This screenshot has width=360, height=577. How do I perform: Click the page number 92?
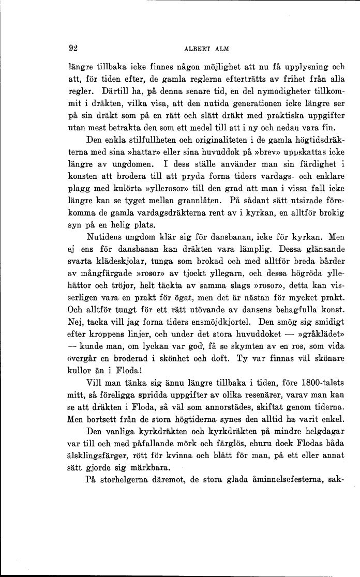pos(72,49)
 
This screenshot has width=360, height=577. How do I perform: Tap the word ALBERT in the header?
pos(194,50)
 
